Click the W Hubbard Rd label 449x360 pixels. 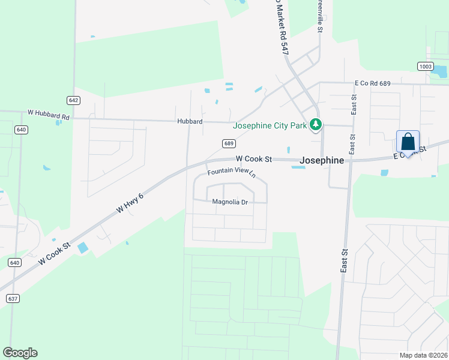[49, 112]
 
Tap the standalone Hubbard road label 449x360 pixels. [189, 121]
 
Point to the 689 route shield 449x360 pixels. [228, 143]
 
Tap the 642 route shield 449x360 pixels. [74, 100]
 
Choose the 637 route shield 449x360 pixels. [13, 298]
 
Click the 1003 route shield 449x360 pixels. [425, 66]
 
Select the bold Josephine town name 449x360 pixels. [322, 161]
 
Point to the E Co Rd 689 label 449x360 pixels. [373, 83]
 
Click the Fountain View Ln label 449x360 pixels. [232, 173]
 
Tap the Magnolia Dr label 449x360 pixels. [230, 202]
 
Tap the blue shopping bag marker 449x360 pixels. [408, 143]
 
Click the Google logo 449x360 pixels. [20, 353]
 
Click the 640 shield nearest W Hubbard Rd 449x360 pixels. [22, 130]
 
